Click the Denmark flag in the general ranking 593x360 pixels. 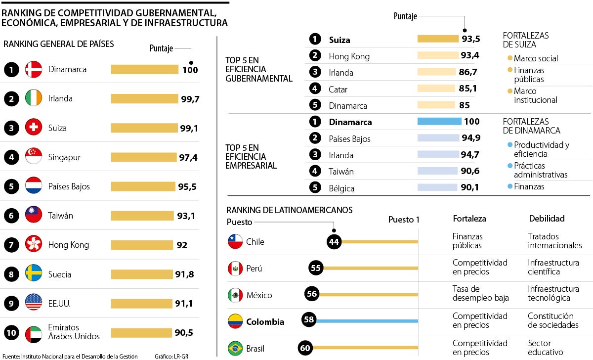(34, 70)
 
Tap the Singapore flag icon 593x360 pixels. (34, 157)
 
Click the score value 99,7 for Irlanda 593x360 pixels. (190, 99)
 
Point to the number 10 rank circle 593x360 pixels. (11, 333)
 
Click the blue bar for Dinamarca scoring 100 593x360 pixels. (439, 122)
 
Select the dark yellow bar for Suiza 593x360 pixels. (438, 39)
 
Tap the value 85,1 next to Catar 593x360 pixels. (467, 89)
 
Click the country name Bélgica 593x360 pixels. (341, 188)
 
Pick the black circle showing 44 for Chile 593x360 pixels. (334, 241)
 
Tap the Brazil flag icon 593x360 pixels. (235, 348)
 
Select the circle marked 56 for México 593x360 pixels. (311, 294)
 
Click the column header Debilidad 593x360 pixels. (547, 218)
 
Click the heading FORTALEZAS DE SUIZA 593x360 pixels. (525, 40)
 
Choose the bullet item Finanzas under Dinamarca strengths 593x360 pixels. (529, 186)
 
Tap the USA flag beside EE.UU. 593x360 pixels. (34, 302)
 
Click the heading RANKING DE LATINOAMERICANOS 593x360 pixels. (289, 210)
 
